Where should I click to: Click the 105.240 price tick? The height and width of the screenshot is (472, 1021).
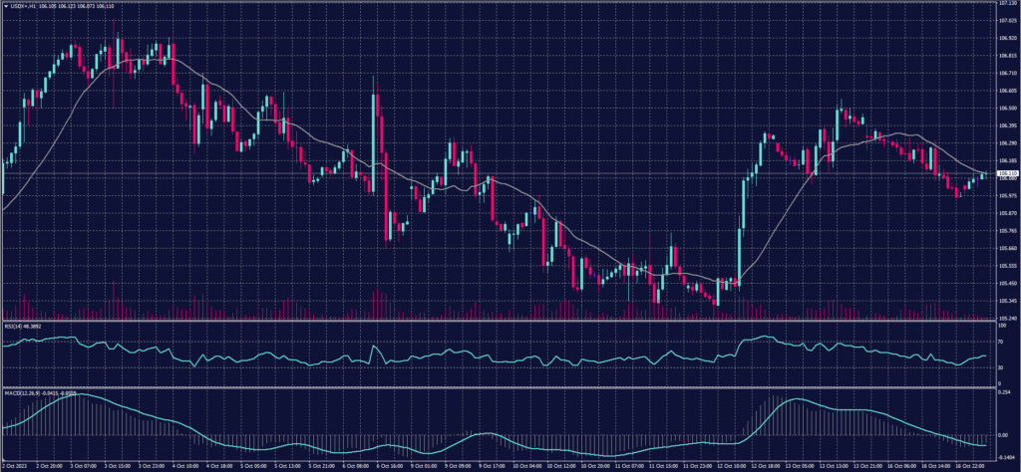(x=1006, y=318)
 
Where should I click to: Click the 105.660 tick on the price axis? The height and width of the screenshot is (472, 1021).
(x=1006, y=248)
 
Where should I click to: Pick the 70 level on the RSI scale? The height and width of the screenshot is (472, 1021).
(x=1000, y=341)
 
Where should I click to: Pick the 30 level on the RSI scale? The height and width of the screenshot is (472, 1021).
(x=1000, y=367)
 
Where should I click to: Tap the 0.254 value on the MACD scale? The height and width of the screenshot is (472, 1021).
(x=1005, y=392)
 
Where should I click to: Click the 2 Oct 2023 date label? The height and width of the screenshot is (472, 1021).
(x=15, y=465)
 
